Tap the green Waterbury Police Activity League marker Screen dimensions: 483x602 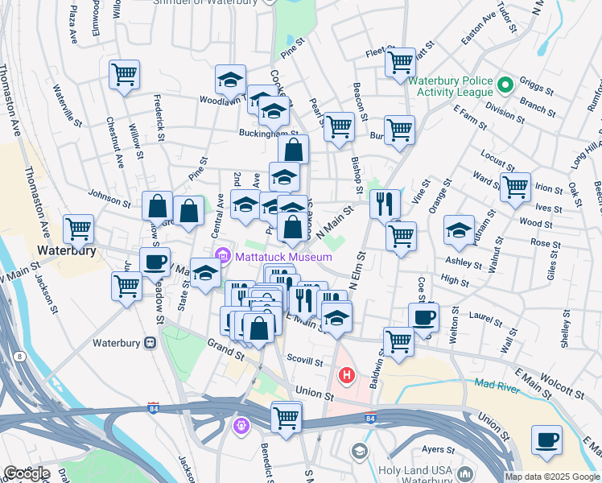[x=506, y=84]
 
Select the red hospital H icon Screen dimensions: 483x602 [x=347, y=375]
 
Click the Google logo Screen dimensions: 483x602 [x=27, y=473]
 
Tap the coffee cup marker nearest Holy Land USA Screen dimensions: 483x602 [x=546, y=440]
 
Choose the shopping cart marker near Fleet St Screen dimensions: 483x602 [x=400, y=61]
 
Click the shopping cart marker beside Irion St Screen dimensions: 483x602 [x=515, y=188]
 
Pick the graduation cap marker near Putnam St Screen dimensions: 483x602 [x=459, y=230]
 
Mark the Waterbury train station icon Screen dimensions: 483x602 [x=150, y=343]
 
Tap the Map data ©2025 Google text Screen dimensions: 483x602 [x=551, y=477]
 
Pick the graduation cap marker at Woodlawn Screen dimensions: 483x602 [x=230, y=80]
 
